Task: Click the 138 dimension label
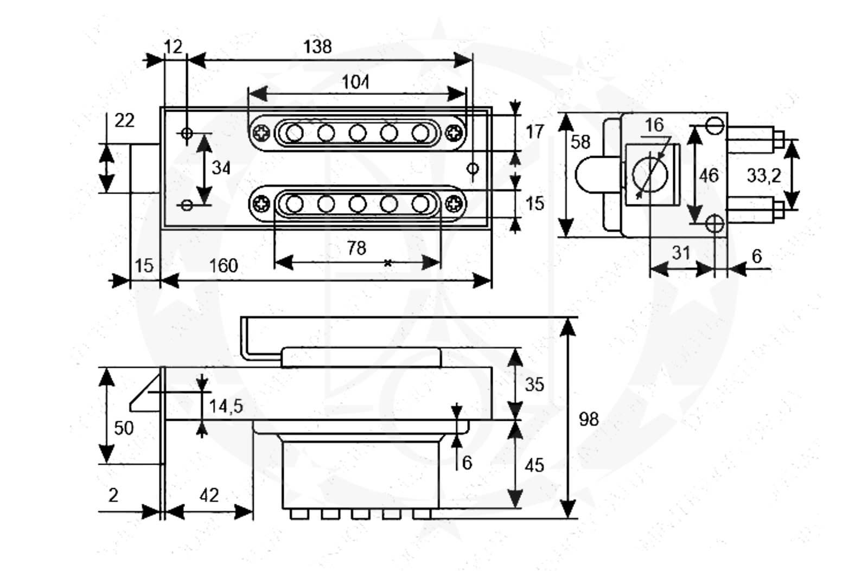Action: coord(317,47)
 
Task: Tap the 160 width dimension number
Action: coord(224,266)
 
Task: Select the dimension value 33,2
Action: coord(764,175)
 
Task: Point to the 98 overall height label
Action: coord(589,419)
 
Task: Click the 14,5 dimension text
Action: coord(226,406)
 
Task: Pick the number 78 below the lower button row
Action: coord(356,248)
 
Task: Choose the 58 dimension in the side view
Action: coord(580,142)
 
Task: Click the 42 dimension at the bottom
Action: coord(209,495)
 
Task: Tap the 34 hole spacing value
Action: coord(221,168)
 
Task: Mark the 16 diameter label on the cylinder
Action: coord(654,125)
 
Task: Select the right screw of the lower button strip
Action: coord(455,204)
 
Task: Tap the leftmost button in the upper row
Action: coord(295,132)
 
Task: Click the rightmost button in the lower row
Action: coord(420,204)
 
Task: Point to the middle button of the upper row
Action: coord(358,132)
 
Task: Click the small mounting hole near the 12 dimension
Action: coord(187,133)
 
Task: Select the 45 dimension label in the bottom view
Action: coord(534,465)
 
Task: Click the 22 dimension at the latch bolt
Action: coord(124,120)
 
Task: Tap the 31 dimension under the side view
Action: coord(681,253)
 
